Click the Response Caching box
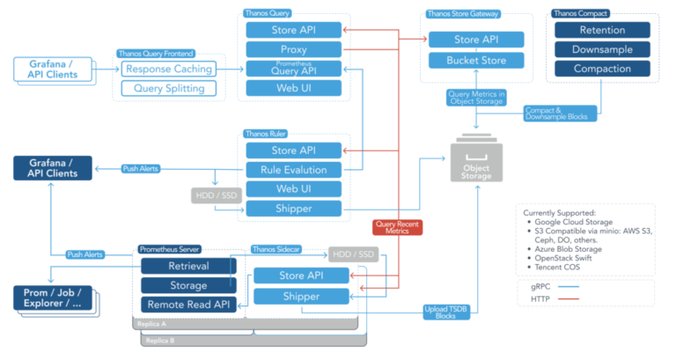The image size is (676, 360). (x=168, y=70)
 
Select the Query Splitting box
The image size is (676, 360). (x=168, y=88)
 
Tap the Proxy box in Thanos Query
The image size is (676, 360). (x=293, y=49)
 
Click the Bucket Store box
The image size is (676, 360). (x=476, y=61)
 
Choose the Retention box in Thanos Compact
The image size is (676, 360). (x=602, y=30)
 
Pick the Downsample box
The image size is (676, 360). (x=602, y=49)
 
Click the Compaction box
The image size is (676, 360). (x=602, y=69)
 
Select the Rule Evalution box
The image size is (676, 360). (x=293, y=170)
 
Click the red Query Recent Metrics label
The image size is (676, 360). (x=397, y=227)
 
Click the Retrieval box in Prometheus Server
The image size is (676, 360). (x=188, y=266)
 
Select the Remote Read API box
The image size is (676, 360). (x=188, y=305)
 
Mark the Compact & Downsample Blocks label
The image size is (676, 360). (x=559, y=113)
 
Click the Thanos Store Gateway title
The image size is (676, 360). (x=462, y=14)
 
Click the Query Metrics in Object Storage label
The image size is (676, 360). (x=476, y=98)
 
